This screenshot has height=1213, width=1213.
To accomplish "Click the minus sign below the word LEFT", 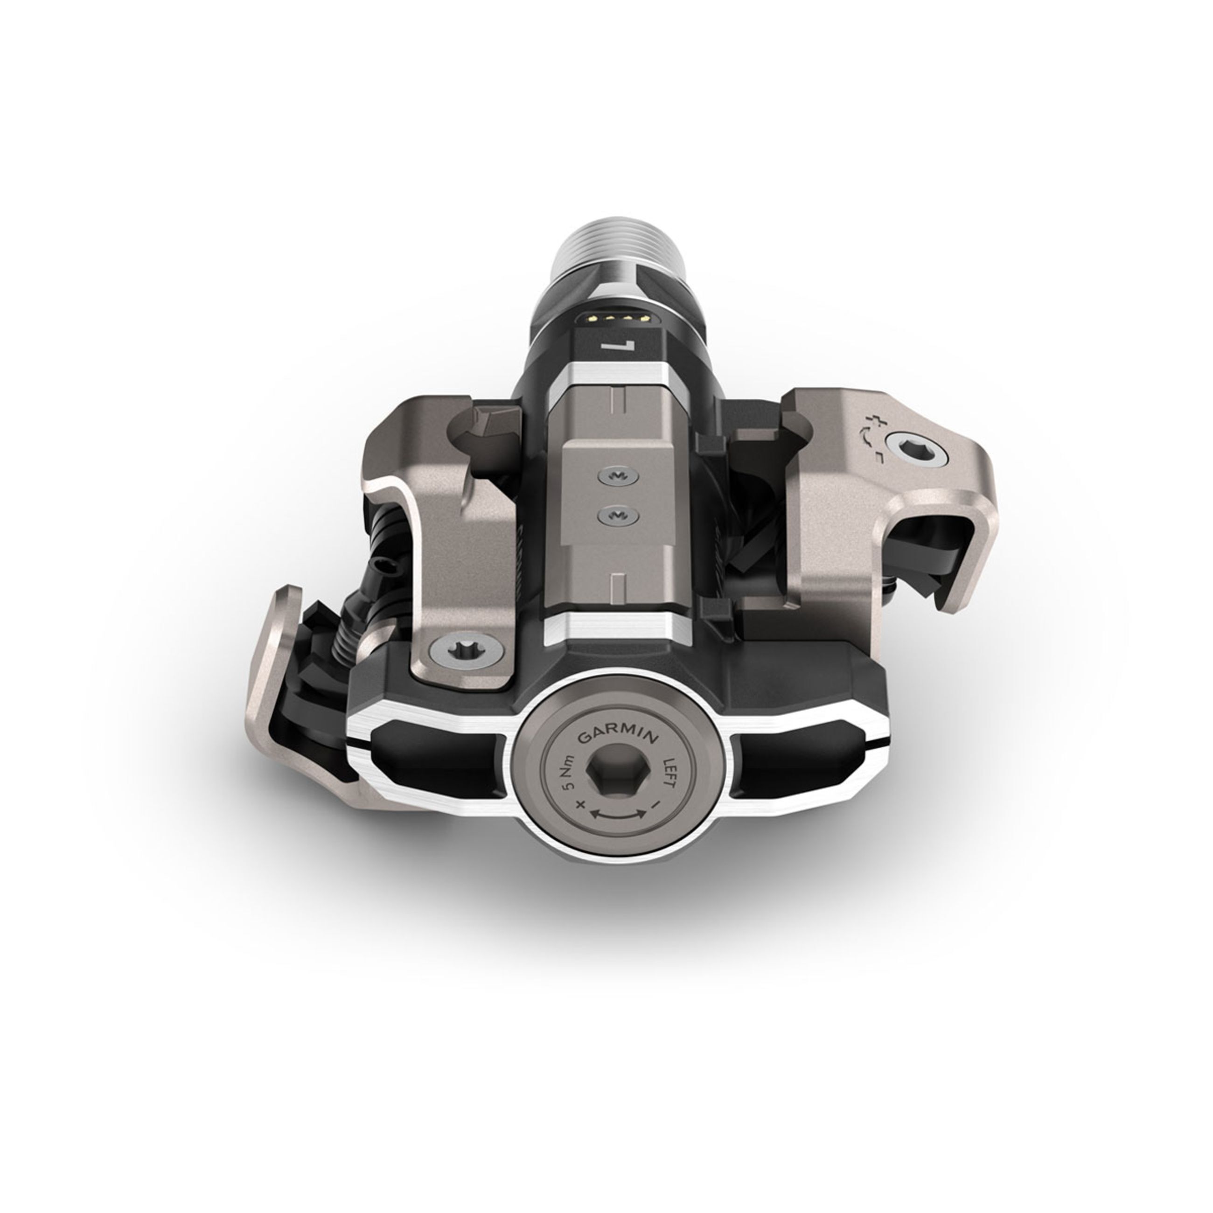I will coord(655,803).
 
